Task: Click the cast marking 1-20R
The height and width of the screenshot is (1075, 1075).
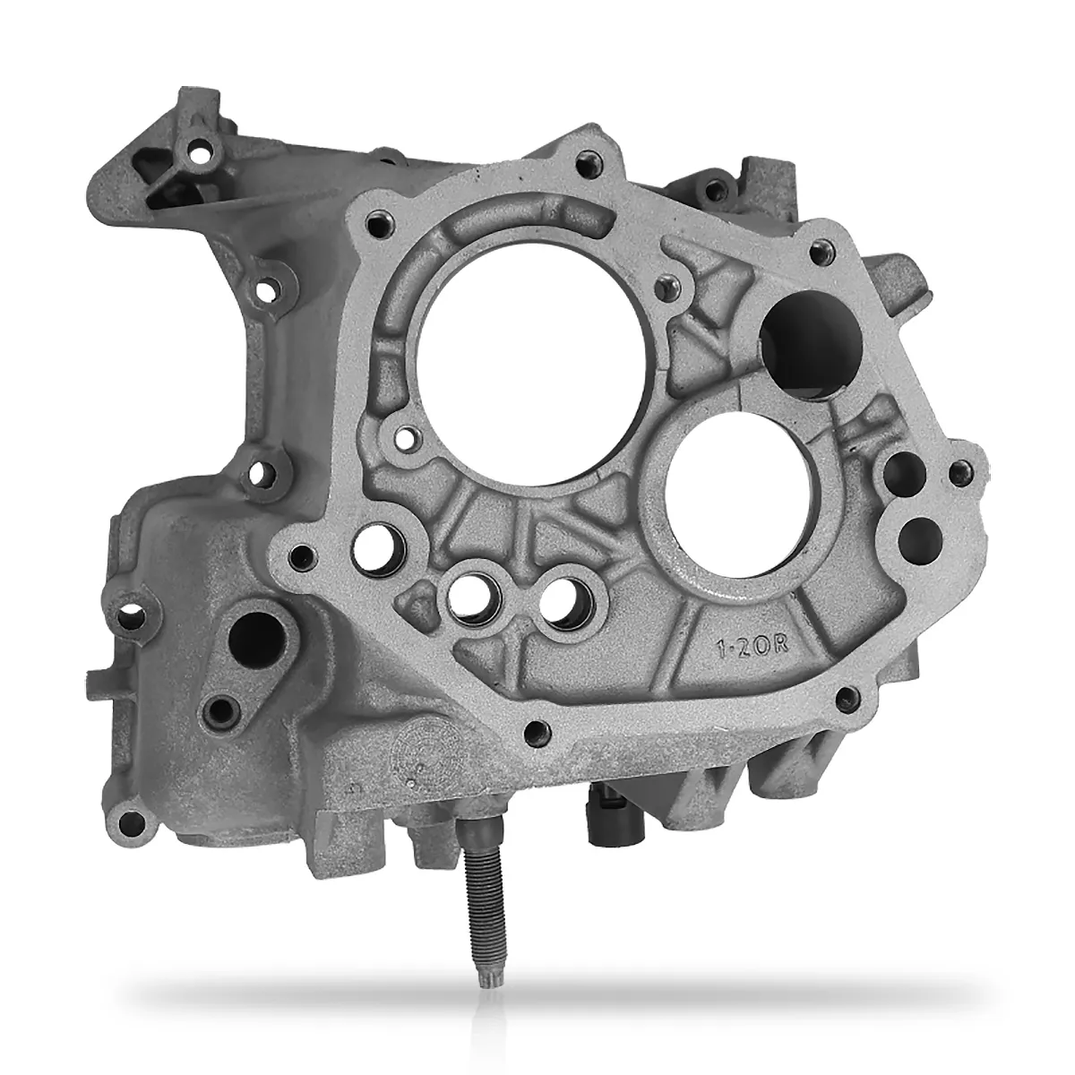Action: point(752,647)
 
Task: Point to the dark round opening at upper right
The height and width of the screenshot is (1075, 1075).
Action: point(812,345)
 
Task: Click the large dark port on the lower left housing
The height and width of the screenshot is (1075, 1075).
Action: point(256,638)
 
